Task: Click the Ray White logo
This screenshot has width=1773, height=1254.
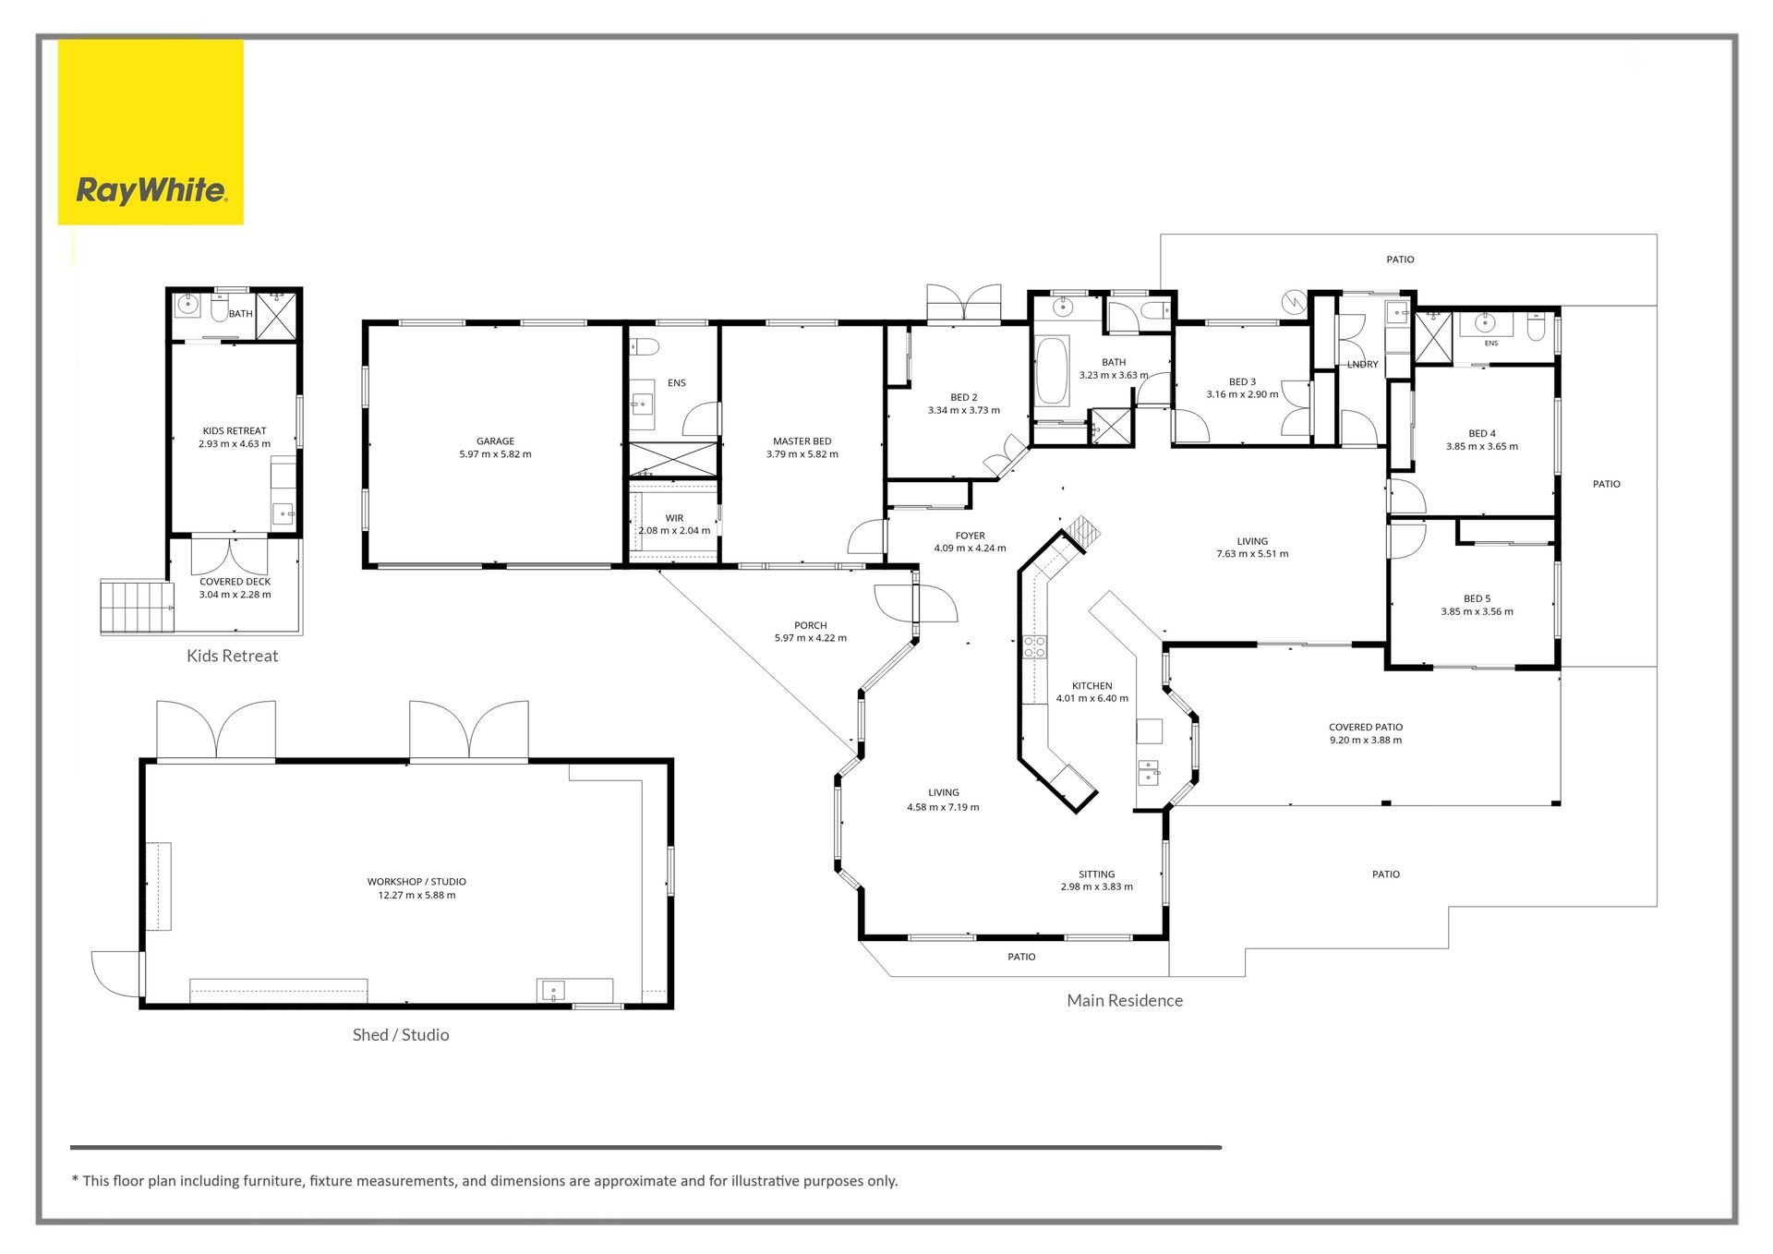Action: point(151,132)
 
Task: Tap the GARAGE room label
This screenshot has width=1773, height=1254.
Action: point(495,441)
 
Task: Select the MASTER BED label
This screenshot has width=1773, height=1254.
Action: point(802,441)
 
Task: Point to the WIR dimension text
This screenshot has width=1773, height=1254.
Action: point(674,531)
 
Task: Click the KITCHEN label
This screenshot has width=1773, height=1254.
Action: point(1092,686)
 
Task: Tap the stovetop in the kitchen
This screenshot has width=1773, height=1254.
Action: point(1034,646)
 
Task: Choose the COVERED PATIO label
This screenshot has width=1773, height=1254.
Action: point(1365,728)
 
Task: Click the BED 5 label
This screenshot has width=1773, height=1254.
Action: point(1477,598)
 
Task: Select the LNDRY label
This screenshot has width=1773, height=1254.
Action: point(1362,365)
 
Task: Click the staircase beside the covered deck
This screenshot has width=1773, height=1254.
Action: point(137,606)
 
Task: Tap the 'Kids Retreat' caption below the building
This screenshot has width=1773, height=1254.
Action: point(232,656)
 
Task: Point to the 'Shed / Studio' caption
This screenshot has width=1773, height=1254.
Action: point(401,1035)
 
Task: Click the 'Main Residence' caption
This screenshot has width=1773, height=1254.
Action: point(1125,1000)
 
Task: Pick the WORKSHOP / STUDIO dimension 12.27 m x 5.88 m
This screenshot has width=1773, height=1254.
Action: point(416,895)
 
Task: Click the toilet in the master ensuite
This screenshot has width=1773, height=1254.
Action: point(644,347)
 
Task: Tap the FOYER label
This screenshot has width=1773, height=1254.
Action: point(970,536)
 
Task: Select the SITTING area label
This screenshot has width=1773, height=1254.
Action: point(1096,874)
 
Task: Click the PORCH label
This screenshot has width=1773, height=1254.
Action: point(810,625)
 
